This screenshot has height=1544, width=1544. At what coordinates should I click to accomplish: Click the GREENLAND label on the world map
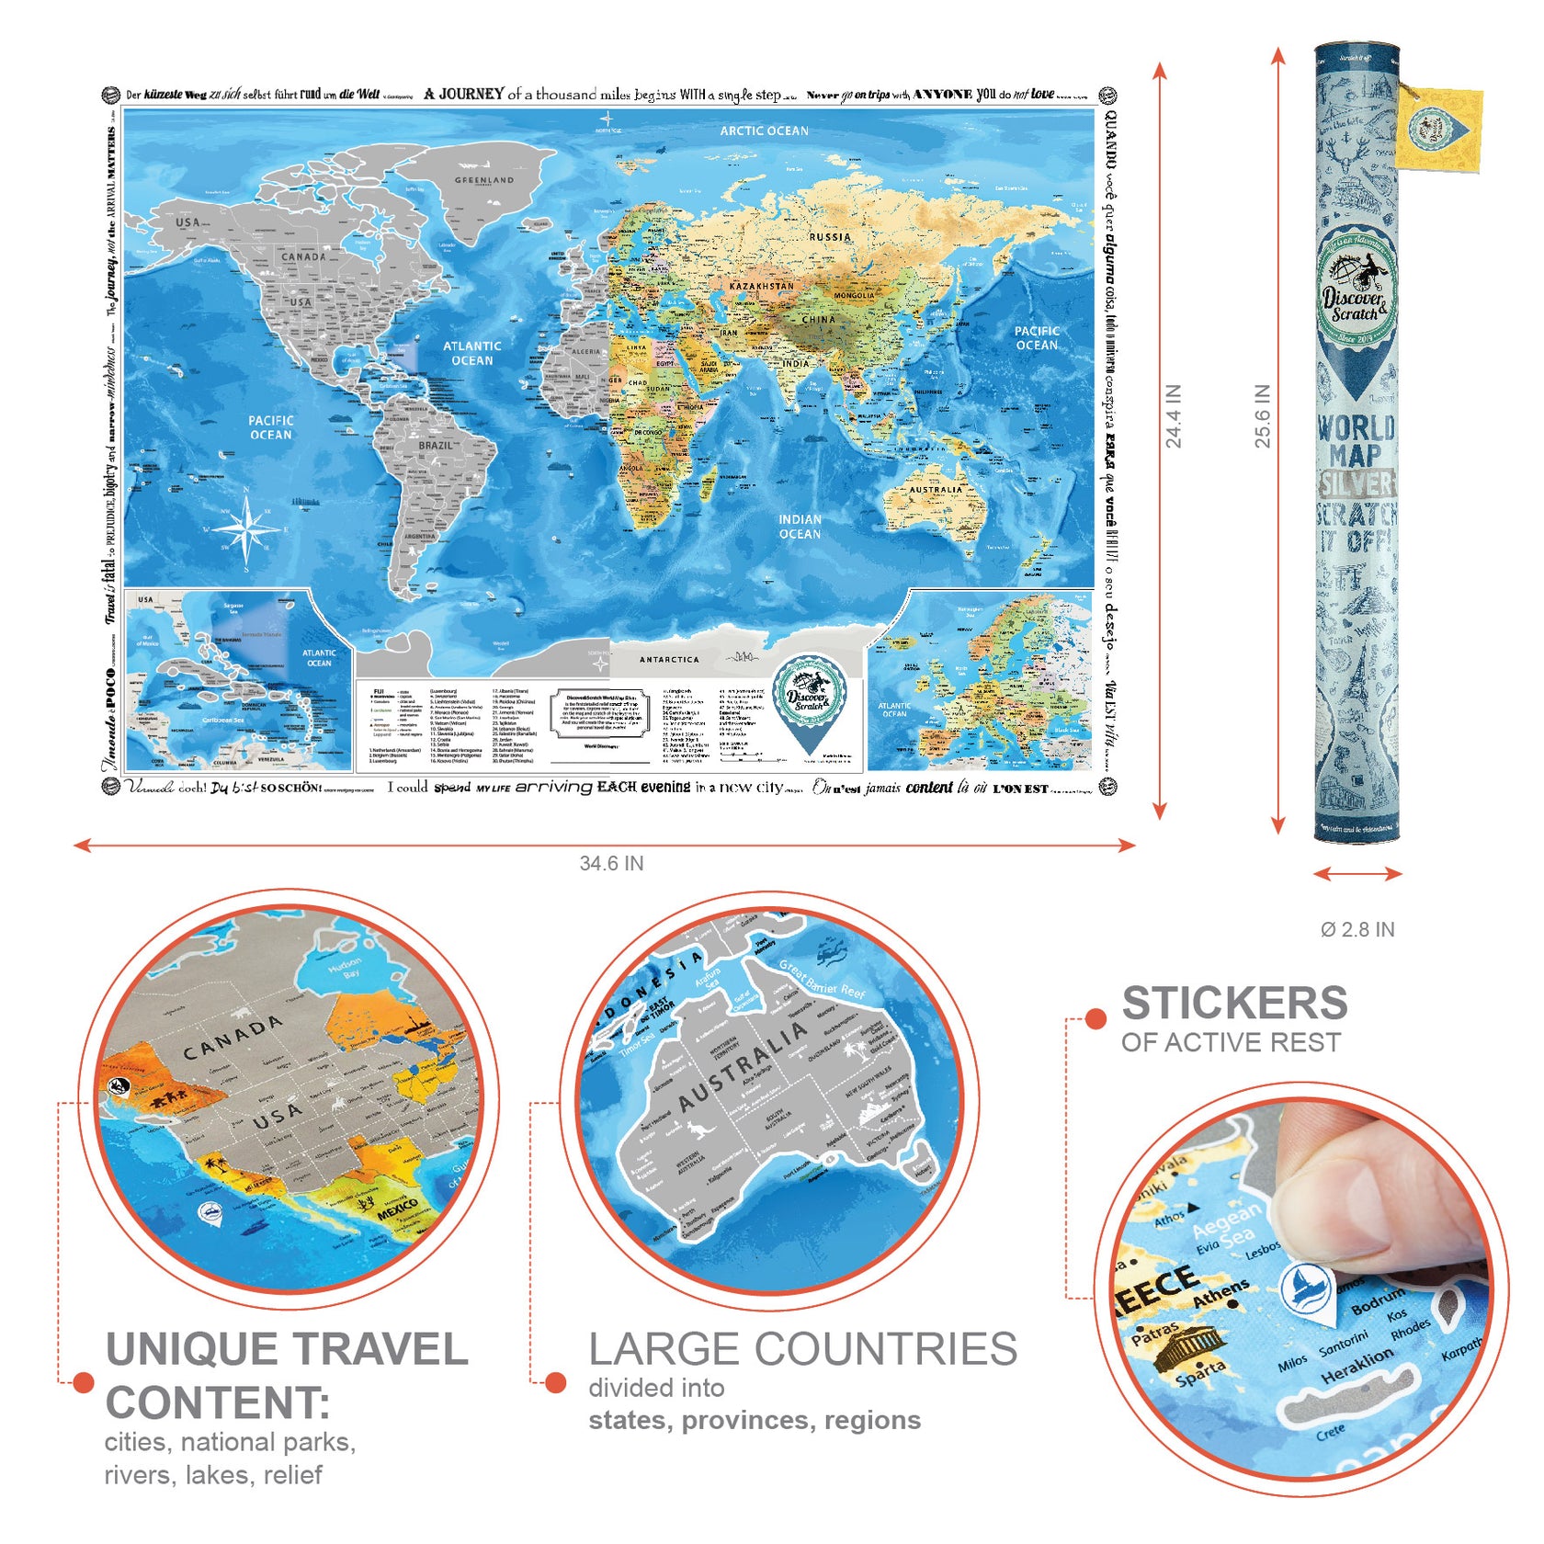pyautogui.click(x=484, y=180)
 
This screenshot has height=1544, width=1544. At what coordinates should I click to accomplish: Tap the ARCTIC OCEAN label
pyautogui.click(x=764, y=131)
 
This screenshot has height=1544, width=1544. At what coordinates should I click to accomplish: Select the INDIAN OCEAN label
pyautogui.click(x=800, y=527)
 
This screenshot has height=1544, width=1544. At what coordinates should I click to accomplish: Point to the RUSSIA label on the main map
pyautogui.click(x=830, y=237)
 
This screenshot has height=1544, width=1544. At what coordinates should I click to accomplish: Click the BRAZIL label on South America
pyautogui.click(x=436, y=446)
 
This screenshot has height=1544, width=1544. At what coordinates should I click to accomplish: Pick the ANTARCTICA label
pyautogui.click(x=669, y=660)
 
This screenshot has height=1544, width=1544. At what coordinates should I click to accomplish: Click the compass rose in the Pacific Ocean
pyautogui.click(x=246, y=529)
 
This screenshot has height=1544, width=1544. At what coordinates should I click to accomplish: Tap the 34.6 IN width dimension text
pyautogui.click(x=611, y=864)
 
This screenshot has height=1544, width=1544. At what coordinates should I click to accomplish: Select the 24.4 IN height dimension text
pyautogui.click(x=1174, y=416)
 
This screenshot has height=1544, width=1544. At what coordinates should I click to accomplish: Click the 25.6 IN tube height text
pyautogui.click(x=1263, y=416)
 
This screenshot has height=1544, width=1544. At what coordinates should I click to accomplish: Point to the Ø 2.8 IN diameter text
pyautogui.click(x=1357, y=930)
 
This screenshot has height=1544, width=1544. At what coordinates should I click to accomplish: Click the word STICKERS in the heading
pyautogui.click(x=1234, y=1004)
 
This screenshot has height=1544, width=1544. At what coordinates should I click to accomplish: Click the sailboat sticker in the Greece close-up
pyautogui.click(x=1307, y=1287)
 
